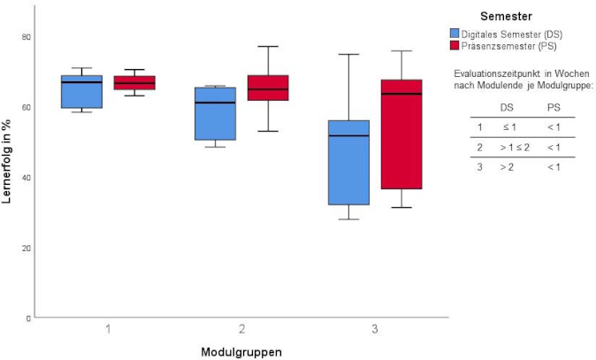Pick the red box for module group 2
coord(267,88)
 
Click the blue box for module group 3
coord(348,162)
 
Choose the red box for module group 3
coord(401,134)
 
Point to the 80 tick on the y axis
coord(26,37)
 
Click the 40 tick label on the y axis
coord(26,178)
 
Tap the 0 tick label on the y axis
coord(28,318)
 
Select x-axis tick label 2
coord(241,329)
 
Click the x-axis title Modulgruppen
coord(241,350)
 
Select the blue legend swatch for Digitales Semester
coord(455,33)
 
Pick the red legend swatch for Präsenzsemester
coord(455,44)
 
